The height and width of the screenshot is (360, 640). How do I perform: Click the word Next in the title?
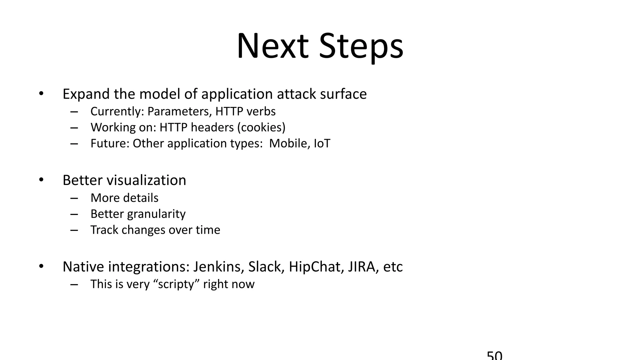[x=272, y=47]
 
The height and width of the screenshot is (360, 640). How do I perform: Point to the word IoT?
[x=322, y=143]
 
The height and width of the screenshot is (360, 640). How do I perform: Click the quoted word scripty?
[x=177, y=284]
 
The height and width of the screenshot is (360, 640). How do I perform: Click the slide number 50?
[x=495, y=356]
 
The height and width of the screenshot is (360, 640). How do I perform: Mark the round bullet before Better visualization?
[x=41, y=180]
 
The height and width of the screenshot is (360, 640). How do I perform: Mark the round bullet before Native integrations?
[x=41, y=267]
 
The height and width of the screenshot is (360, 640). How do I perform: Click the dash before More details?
[x=74, y=198]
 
